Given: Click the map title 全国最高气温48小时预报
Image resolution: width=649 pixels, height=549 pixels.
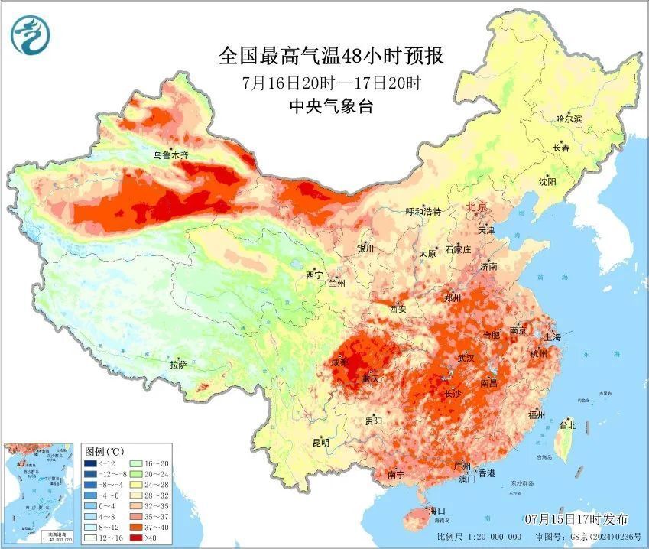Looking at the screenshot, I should coord(331,56).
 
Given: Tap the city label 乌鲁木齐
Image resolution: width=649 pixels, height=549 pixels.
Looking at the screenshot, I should coord(170,155).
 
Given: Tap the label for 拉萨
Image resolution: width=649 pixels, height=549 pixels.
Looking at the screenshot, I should coord(179,365).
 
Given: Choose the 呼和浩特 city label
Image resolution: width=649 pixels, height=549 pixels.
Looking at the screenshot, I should coord(423,211).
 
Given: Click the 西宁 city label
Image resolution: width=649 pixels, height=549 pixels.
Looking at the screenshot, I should coord(314,274).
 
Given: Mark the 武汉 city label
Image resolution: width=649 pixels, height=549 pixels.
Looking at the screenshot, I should coord(466,358).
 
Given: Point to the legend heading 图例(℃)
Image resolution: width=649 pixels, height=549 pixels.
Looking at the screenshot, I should coord(104,451).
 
